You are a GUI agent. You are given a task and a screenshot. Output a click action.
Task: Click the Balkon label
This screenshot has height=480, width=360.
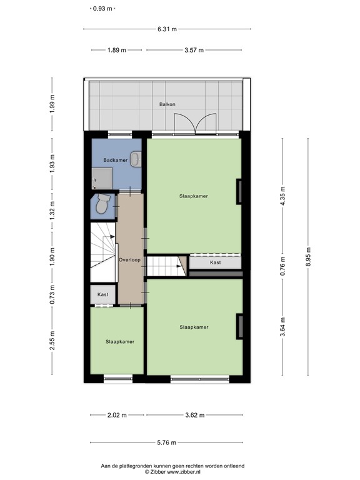coord(165,104)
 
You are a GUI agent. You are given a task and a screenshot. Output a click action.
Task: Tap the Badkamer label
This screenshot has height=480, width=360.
coord(116,161)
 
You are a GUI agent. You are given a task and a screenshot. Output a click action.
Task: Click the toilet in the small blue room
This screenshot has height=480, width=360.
coord(101,204)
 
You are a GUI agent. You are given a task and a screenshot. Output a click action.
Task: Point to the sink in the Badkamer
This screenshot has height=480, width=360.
coord(136,159)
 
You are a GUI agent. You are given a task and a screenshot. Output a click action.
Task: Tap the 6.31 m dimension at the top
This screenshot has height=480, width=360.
coord(167,29)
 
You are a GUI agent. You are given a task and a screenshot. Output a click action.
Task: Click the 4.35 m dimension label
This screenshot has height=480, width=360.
coord(282,197)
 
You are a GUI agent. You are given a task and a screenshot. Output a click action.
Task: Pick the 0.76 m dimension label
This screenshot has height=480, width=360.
coord(282,267)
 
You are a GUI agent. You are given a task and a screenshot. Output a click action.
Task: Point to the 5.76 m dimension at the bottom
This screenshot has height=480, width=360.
coord(167,442)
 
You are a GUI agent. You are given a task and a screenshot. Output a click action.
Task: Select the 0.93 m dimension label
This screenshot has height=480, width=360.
coord(102,9)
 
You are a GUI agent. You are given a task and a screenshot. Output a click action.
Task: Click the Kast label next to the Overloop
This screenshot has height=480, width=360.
coord(103,294)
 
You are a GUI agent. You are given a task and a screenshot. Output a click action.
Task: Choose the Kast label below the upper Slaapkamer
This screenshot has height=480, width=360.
coord(215,262)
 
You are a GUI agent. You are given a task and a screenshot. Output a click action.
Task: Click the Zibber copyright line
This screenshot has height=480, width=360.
coord(172,472)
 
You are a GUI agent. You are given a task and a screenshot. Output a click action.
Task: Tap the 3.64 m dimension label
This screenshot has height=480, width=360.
coord(282,327)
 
